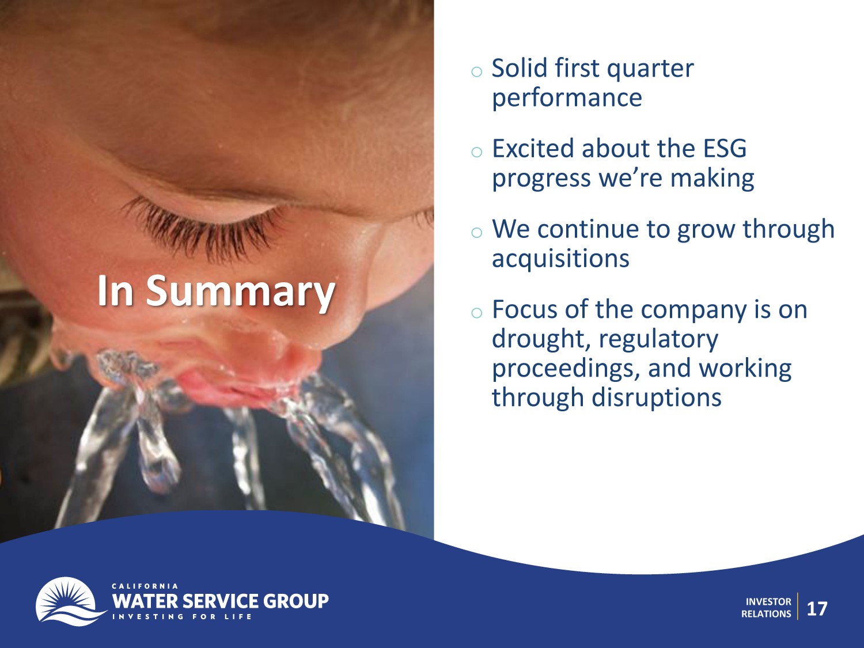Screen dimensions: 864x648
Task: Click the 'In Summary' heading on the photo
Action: [216, 291]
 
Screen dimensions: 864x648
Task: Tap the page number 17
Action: [817, 609]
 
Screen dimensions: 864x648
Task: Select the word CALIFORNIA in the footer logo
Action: [145, 586]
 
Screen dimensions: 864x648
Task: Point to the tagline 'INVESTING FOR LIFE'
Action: [182, 616]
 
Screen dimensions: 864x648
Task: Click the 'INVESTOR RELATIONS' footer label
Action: [766, 608]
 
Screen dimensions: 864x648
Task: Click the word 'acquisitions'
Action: [560, 258]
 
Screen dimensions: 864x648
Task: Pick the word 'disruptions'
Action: [657, 397]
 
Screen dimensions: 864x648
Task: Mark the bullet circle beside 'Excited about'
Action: [477, 152]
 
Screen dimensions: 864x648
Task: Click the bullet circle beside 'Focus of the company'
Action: [477, 313]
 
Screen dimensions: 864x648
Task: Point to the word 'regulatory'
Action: [658, 340]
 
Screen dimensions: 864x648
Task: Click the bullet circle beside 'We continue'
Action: [477, 232]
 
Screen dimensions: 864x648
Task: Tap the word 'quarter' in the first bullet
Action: [650, 69]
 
